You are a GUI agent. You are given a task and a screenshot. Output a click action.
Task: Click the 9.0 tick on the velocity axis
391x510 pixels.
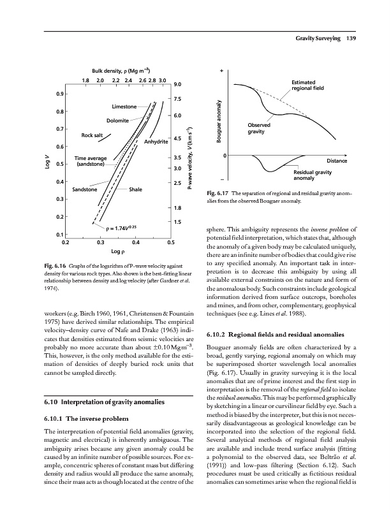[x=179, y=84]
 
